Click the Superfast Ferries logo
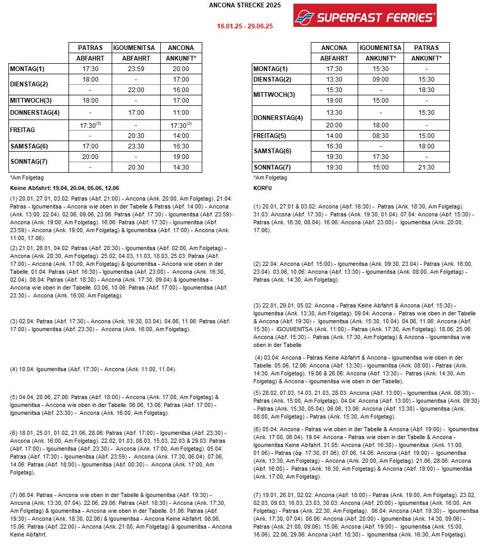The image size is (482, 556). coord(365,16)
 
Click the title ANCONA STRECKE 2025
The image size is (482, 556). coord(245,5)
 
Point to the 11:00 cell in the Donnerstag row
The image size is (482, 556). coord(181,113)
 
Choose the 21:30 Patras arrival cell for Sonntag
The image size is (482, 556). coord(426,167)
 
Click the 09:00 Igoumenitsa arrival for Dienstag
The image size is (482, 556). coord(381,80)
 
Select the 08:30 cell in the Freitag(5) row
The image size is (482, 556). coord(381,136)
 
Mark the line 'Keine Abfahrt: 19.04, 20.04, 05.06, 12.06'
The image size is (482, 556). coord(65,188)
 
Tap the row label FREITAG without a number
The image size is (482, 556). coord(22,130)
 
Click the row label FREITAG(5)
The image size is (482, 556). coord(270,136)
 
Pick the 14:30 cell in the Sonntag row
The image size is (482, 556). coord(181,167)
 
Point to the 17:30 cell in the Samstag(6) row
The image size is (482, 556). coord(381,157)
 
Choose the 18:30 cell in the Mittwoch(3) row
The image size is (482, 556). coord(426,90)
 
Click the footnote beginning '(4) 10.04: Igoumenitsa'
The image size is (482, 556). coord(93,369)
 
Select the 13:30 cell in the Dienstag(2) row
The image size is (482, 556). coord(334,80)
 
